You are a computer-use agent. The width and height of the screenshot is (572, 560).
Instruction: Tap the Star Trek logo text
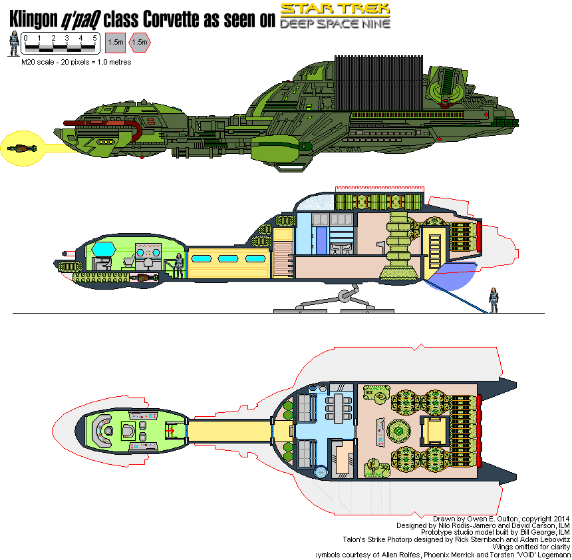pos(335,9)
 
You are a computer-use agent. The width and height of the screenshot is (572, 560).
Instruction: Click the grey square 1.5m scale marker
pos(116,42)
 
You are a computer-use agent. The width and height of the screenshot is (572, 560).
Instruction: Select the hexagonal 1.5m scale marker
pos(140,42)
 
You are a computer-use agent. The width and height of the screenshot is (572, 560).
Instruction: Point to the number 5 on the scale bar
pos(94,38)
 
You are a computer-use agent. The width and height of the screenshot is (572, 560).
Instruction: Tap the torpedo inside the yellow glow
pos(19,148)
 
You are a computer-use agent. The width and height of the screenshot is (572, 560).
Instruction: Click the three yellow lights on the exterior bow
pos(105,141)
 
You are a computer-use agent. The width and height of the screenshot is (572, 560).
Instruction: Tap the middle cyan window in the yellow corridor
pos(228,258)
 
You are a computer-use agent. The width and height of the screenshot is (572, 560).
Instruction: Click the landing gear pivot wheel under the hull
pos(345,296)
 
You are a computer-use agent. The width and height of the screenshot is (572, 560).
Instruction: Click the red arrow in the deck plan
pos(170,431)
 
